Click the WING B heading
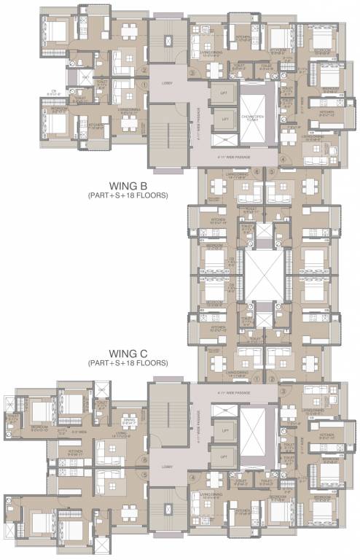click(x=128, y=186)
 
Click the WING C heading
click(x=128, y=353)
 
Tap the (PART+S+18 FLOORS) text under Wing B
click(x=128, y=196)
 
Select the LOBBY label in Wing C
click(x=166, y=466)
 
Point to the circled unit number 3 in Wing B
click(x=192, y=73)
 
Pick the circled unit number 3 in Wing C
click(x=281, y=392)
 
